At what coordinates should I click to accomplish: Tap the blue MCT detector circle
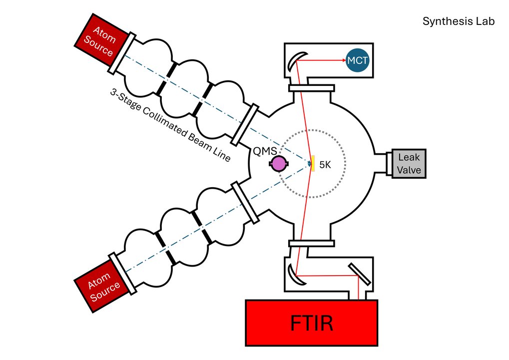pyautogui.click(x=358, y=60)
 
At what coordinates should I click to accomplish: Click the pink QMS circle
pyautogui.click(x=278, y=163)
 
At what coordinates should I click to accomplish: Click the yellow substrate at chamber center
pyautogui.click(x=313, y=164)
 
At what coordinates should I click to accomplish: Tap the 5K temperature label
pyautogui.click(x=325, y=165)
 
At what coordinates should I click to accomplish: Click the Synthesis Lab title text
pyautogui.click(x=459, y=21)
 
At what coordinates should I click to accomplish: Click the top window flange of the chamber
pyautogui.click(x=312, y=88)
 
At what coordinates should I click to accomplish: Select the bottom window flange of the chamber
pyautogui.click(x=312, y=243)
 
